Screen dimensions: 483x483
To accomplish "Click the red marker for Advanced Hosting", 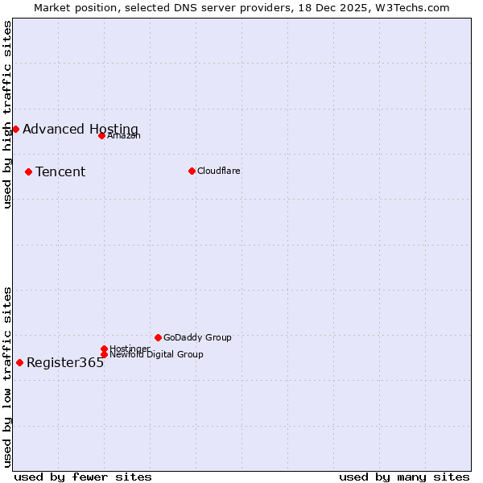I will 15,129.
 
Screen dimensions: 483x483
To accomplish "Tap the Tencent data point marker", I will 28,171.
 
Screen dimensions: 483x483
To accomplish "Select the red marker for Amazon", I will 101,135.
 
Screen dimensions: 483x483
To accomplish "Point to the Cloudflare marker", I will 192,171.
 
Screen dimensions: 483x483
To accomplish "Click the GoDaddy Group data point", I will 158,337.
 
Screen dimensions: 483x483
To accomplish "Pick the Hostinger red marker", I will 104,349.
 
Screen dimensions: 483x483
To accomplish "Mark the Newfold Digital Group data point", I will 104,354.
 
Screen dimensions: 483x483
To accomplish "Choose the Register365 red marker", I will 19,362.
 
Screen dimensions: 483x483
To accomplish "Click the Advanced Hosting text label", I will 80,130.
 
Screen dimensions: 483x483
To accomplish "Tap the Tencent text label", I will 60,172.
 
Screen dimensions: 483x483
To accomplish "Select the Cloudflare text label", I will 219,171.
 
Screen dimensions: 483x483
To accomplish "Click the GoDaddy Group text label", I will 197,337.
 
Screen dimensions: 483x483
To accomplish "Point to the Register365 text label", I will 65,363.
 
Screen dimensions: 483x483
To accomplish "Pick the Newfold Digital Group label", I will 156,354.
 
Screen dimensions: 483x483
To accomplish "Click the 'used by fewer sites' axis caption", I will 83,477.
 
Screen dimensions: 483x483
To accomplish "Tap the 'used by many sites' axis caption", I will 404,477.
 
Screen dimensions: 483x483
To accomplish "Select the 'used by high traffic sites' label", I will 7,114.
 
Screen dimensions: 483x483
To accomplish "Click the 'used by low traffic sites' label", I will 7,377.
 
